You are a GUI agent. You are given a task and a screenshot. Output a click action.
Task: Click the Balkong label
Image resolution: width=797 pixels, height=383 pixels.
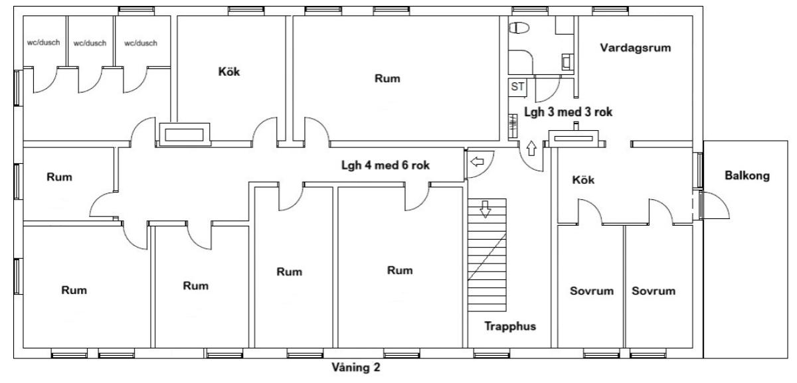click(747, 176)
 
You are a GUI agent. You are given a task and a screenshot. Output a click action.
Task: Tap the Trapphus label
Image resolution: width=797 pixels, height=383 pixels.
click(510, 326)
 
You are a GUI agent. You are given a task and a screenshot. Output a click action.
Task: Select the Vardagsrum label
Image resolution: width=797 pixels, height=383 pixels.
click(636, 48)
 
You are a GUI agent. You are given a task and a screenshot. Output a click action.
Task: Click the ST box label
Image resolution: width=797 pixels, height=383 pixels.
click(517, 86)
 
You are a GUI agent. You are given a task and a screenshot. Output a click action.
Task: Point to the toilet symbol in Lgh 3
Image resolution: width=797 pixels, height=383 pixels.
click(519, 28)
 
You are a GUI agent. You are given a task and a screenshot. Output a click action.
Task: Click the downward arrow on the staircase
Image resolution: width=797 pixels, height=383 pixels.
click(485, 209)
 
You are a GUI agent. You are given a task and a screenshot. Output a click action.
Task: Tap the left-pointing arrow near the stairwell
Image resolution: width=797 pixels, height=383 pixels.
click(477, 162)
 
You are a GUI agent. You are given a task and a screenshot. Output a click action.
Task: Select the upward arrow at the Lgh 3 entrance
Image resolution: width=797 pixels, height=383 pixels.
click(531, 148)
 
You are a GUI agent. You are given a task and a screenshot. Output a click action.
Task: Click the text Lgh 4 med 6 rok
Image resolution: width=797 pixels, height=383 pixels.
click(385, 165)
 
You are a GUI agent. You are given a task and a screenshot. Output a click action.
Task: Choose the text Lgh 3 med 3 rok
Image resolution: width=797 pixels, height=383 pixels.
click(569, 112)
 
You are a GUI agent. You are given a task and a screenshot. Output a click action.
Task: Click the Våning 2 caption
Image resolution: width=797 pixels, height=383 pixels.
click(356, 367)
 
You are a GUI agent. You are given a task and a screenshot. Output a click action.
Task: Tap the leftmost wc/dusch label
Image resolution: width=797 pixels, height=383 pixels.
click(43, 42)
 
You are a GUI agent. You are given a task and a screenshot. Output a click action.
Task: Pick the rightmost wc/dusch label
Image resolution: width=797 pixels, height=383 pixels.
click(141, 43)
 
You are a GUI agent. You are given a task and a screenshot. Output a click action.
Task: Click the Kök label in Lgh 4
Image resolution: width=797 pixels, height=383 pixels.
click(228, 72)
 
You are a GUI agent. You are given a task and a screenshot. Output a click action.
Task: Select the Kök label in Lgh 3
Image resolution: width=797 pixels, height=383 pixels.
click(583, 180)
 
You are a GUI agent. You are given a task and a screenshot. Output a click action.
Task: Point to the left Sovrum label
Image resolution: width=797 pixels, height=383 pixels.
click(592, 291)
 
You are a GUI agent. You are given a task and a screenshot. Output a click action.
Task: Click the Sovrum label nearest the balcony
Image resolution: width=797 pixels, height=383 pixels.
click(654, 291)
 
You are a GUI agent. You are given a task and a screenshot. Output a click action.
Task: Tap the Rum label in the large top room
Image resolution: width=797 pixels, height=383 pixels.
click(387, 78)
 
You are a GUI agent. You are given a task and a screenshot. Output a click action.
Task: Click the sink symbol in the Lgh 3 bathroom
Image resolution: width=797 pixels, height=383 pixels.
click(567, 62)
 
